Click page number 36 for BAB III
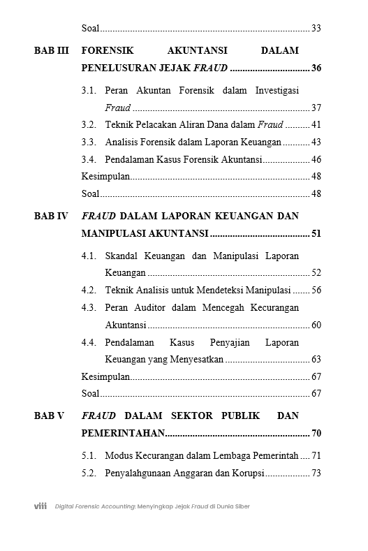pos(316,68)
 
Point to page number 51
pos(316,233)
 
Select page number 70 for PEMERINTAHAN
pos(316,433)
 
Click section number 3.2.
pos(89,125)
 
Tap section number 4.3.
pos(89,307)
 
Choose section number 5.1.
pos(89,456)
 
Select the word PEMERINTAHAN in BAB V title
pos(122,433)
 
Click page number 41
pos(316,125)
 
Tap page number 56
pos(316,290)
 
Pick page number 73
pos(316,473)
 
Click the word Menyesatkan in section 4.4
pos(198,360)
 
